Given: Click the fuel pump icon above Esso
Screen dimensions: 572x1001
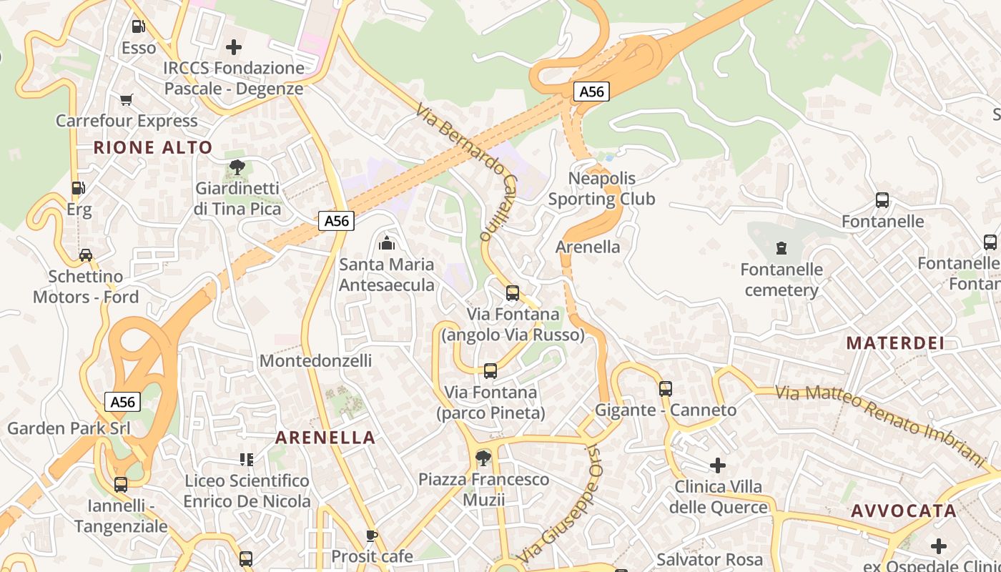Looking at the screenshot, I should click(138, 26).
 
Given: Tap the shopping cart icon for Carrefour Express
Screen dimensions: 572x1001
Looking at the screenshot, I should click(127, 99).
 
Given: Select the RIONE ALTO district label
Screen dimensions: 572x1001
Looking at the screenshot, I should click(153, 147).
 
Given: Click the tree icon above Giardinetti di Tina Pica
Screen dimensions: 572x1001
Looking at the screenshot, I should click(237, 167).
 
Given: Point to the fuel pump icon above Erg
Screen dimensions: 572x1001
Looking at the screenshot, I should click(79, 188).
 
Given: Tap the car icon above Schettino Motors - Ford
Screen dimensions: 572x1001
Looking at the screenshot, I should click(86, 255).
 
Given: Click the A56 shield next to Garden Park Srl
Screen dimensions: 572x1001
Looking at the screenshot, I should click(123, 402).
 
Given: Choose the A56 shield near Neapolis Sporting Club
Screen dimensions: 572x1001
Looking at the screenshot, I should click(591, 92).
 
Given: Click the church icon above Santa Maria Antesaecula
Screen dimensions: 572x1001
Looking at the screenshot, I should click(387, 243).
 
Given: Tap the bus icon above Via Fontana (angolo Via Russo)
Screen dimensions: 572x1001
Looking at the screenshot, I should click(513, 292).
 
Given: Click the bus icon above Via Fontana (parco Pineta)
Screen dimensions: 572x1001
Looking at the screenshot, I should click(490, 370).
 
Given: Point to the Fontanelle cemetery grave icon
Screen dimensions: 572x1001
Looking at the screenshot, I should click(781, 248).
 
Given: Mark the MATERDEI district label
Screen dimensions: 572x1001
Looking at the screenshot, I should click(895, 342).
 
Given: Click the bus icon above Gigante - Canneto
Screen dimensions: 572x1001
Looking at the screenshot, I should click(666, 388).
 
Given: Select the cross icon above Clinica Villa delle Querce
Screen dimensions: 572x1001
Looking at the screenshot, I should click(718, 465).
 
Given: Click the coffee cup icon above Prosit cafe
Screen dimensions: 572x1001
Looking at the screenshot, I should click(372, 535).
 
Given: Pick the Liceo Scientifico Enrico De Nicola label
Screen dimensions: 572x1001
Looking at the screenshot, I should click(247, 490).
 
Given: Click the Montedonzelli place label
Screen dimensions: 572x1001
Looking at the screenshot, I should click(315, 360).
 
